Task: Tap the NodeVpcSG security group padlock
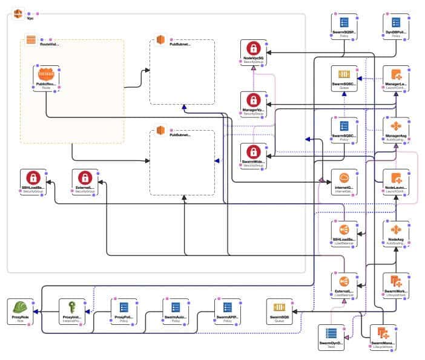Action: (253, 50)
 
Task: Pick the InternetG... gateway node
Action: (344, 179)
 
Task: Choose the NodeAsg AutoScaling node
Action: (396, 231)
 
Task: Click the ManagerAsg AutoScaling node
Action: (396, 126)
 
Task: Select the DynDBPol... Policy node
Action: (396, 23)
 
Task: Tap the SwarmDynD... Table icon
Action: (331, 334)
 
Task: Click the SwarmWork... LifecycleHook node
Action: (396, 282)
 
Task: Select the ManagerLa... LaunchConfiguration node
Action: (396, 76)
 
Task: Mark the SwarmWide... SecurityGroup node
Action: (253, 152)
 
